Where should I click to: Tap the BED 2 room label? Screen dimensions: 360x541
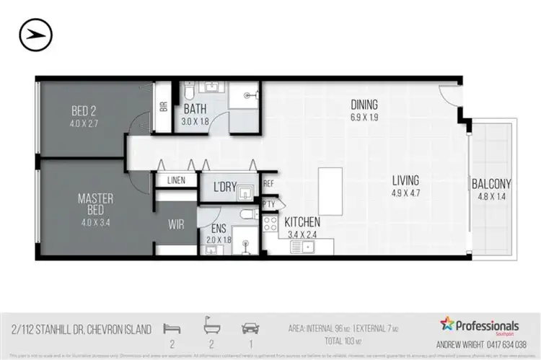[x=83, y=111]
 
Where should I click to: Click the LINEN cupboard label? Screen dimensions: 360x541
[x=177, y=181]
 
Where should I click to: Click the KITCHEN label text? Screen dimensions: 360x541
[x=302, y=222]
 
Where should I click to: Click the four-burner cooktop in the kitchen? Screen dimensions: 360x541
[x=270, y=224]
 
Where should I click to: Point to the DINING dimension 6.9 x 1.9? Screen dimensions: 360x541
[x=364, y=115]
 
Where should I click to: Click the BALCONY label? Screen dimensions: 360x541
[x=492, y=184]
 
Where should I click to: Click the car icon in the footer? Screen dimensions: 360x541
[x=250, y=329]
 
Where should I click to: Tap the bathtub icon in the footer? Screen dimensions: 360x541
[x=211, y=329]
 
